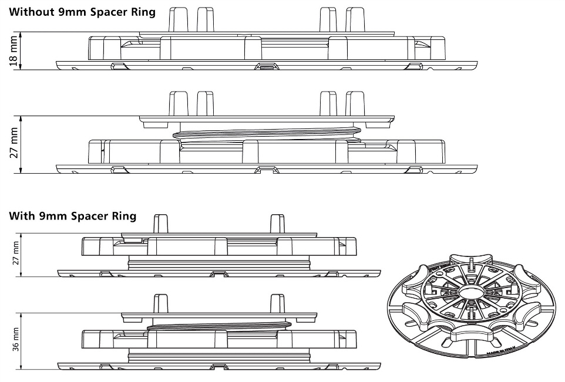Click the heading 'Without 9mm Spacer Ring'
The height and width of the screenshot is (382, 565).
point(82,12)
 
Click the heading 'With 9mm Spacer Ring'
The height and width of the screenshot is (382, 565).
point(73,216)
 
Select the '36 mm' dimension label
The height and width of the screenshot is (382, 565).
point(15,339)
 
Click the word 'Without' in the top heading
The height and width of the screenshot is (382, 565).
point(29,12)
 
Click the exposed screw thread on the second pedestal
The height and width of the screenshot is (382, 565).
point(267,134)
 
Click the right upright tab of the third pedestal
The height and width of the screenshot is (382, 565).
point(277,225)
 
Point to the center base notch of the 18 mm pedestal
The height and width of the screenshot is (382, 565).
point(267,66)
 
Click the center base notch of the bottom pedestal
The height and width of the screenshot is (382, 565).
point(218,367)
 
